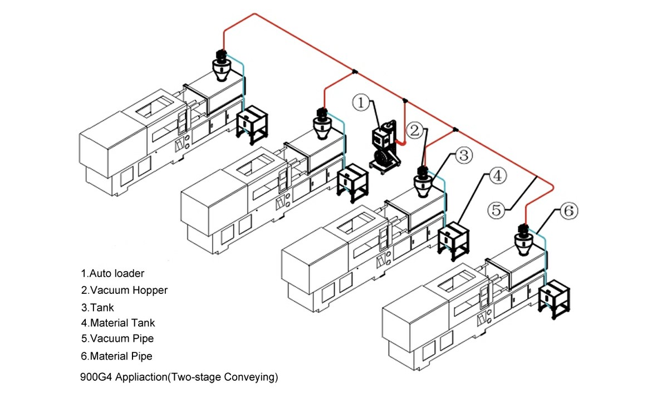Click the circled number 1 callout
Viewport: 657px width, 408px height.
(361, 102)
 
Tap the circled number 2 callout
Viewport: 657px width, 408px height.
(414, 131)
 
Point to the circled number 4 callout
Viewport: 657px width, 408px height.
(497, 176)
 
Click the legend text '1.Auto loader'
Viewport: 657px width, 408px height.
(112, 273)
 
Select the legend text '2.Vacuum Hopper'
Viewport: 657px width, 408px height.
(124, 290)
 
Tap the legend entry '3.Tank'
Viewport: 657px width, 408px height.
(97, 307)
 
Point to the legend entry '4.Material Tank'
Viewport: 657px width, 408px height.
(118, 323)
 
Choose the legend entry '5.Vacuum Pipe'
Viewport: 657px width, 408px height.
(117, 338)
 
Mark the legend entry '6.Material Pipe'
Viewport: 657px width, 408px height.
(116, 356)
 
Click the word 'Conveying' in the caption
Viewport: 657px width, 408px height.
(247, 377)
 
